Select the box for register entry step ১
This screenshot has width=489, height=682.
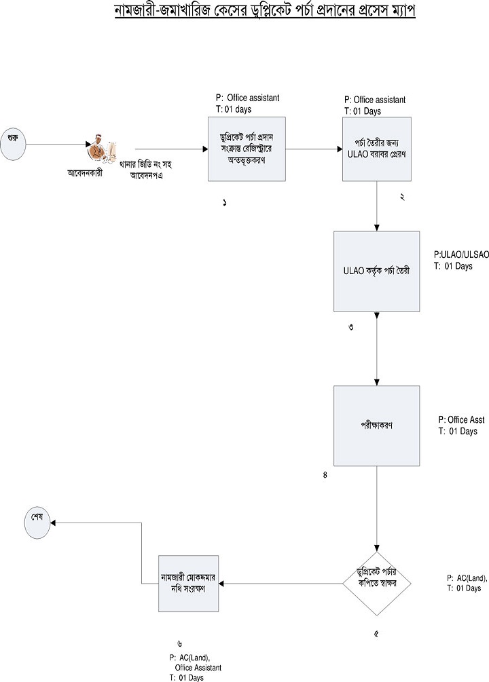point(247,148)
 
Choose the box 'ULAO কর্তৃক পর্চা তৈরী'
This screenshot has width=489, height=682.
point(376,271)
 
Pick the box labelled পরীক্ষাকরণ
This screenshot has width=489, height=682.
point(376,425)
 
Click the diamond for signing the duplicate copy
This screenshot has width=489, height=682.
point(377,583)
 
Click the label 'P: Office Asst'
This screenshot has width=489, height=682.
point(461,420)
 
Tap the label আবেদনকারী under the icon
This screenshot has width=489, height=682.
point(91,172)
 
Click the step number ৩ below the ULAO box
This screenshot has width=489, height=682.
point(350,327)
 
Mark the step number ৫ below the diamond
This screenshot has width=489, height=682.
point(376,634)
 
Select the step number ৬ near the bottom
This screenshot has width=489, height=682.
point(179,643)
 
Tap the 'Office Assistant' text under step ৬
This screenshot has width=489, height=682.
point(198,668)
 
